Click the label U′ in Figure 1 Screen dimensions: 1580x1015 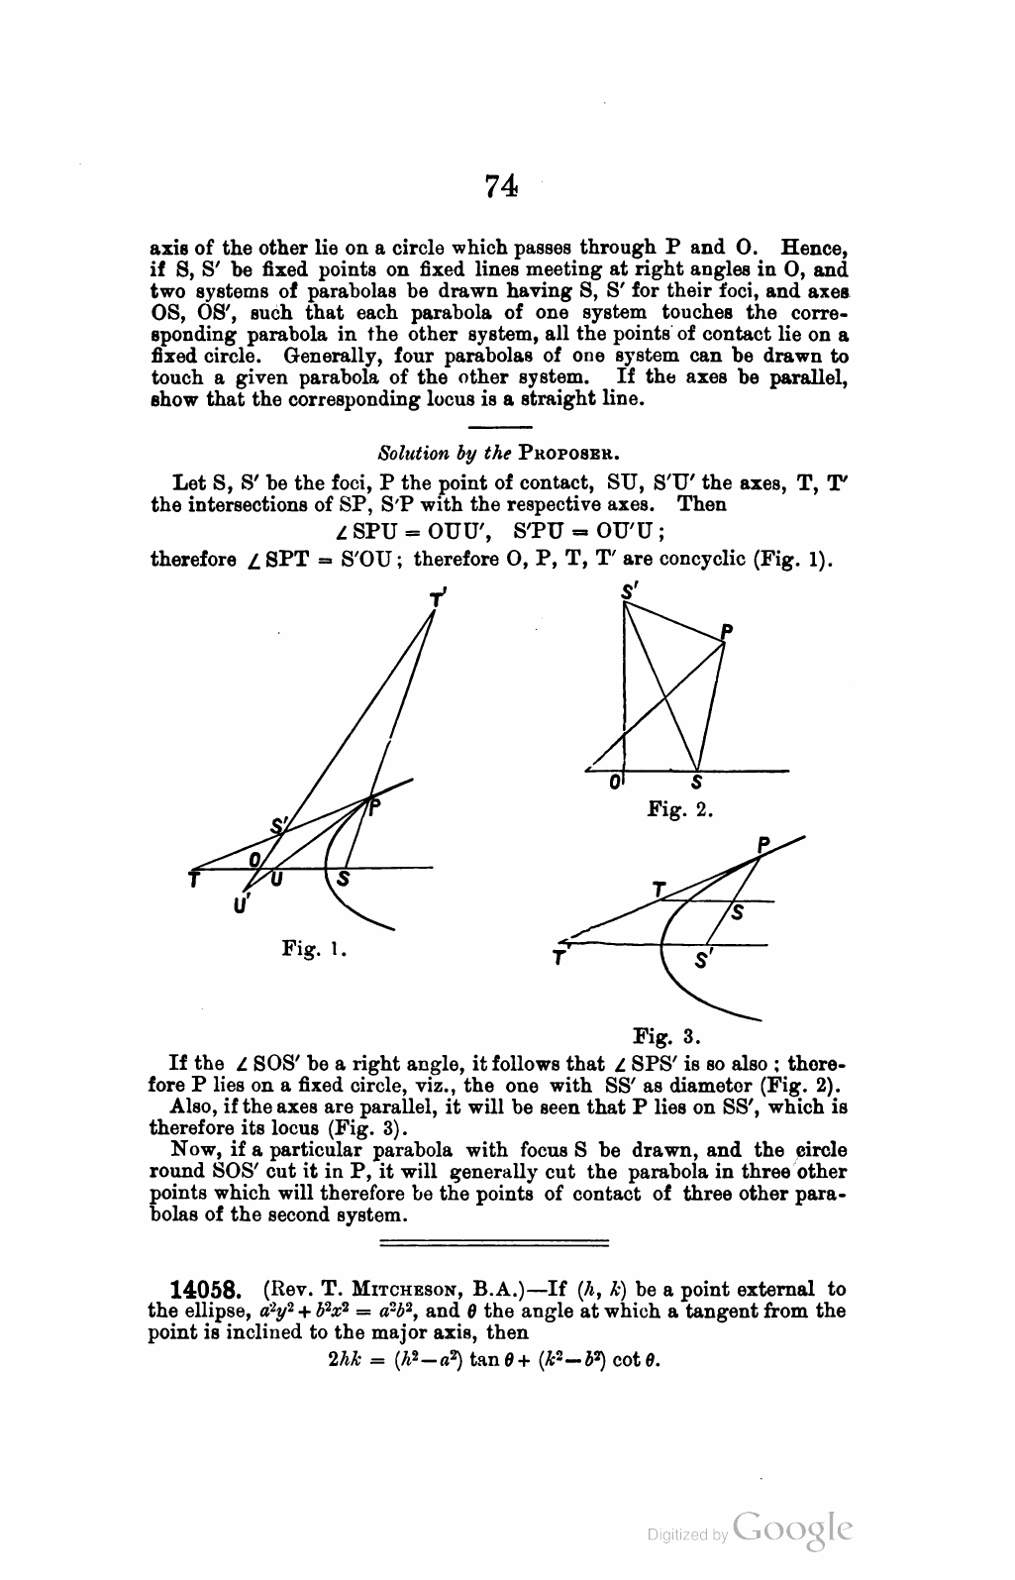[x=242, y=903]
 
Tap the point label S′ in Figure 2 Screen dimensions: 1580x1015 [x=628, y=591]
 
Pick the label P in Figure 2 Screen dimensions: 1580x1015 [x=727, y=631]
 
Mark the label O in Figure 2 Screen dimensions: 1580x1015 [x=615, y=783]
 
